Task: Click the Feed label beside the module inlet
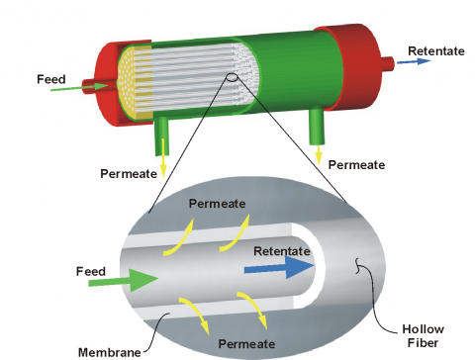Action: click(50, 79)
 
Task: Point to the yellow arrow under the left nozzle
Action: click(163, 162)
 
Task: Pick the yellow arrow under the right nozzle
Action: click(319, 153)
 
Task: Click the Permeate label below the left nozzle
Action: click(128, 174)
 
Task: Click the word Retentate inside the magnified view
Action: click(283, 250)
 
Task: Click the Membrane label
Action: click(108, 350)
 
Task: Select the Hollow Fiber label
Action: click(427, 335)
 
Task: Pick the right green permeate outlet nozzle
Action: click(317, 128)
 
